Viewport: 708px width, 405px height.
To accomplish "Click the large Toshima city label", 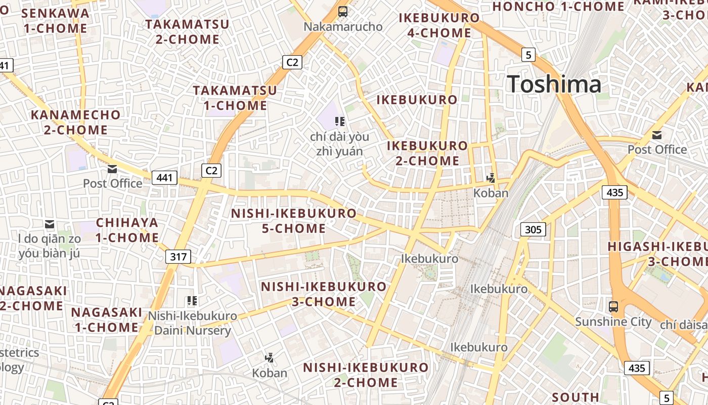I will (554, 84).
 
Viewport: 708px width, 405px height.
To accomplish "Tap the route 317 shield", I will (178, 257).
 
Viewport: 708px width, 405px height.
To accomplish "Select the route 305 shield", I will (533, 230).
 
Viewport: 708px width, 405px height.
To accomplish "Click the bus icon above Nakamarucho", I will (343, 11).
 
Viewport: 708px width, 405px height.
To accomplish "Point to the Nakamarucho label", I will (343, 27).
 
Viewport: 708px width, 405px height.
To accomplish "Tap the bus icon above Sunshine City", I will (613, 306).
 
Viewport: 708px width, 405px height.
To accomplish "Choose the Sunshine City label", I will (613, 321).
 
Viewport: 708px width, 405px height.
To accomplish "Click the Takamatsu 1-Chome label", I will (235, 98).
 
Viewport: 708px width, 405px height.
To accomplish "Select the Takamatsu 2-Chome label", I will (187, 31).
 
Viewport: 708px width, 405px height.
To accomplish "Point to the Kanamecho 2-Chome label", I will (76, 123).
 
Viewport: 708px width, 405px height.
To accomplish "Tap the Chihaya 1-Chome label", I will (127, 230).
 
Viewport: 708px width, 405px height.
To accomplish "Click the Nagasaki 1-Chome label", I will (106, 319).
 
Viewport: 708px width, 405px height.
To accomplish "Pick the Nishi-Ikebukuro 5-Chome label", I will (294, 221).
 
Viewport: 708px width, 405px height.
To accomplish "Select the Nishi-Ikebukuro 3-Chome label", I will (324, 294).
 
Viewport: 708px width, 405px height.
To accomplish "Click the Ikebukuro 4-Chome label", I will (439, 25).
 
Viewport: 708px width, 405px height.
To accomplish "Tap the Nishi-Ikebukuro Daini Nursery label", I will (192, 323).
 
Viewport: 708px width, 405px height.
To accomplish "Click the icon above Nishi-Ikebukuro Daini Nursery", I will (192, 301).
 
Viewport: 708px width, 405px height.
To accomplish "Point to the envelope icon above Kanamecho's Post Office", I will (112, 169).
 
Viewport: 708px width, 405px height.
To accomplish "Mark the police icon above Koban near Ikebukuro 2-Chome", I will (491, 178).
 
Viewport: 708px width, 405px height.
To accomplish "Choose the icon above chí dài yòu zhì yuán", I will (340, 121).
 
